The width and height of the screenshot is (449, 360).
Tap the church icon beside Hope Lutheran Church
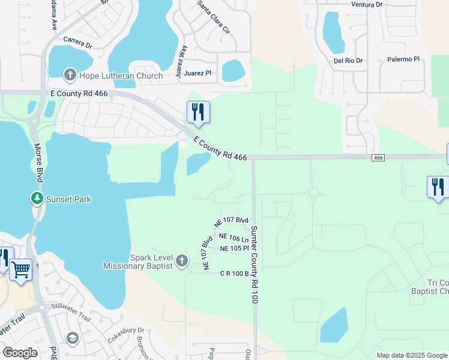click(x=70, y=76)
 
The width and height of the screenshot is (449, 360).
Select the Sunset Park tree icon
click(x=37, y=198)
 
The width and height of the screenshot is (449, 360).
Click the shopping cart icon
click(x=22, y=269)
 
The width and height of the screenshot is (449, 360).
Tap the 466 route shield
click(x=378, y=157)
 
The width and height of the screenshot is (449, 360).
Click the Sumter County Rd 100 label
click(x=254, y=265)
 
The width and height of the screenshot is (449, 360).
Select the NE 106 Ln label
click(x=234, y=238)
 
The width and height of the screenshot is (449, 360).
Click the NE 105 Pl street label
click(x=235, y=248)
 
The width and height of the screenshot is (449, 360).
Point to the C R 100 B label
click(x=234, y=274)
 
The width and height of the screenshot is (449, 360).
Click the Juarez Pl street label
click(x=200, y=73)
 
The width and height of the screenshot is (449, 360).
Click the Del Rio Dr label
click(x=348, y=61)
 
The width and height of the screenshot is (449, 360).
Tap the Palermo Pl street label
click(x=402, y=59)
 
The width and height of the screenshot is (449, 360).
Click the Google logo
click(x=20, y=353)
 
